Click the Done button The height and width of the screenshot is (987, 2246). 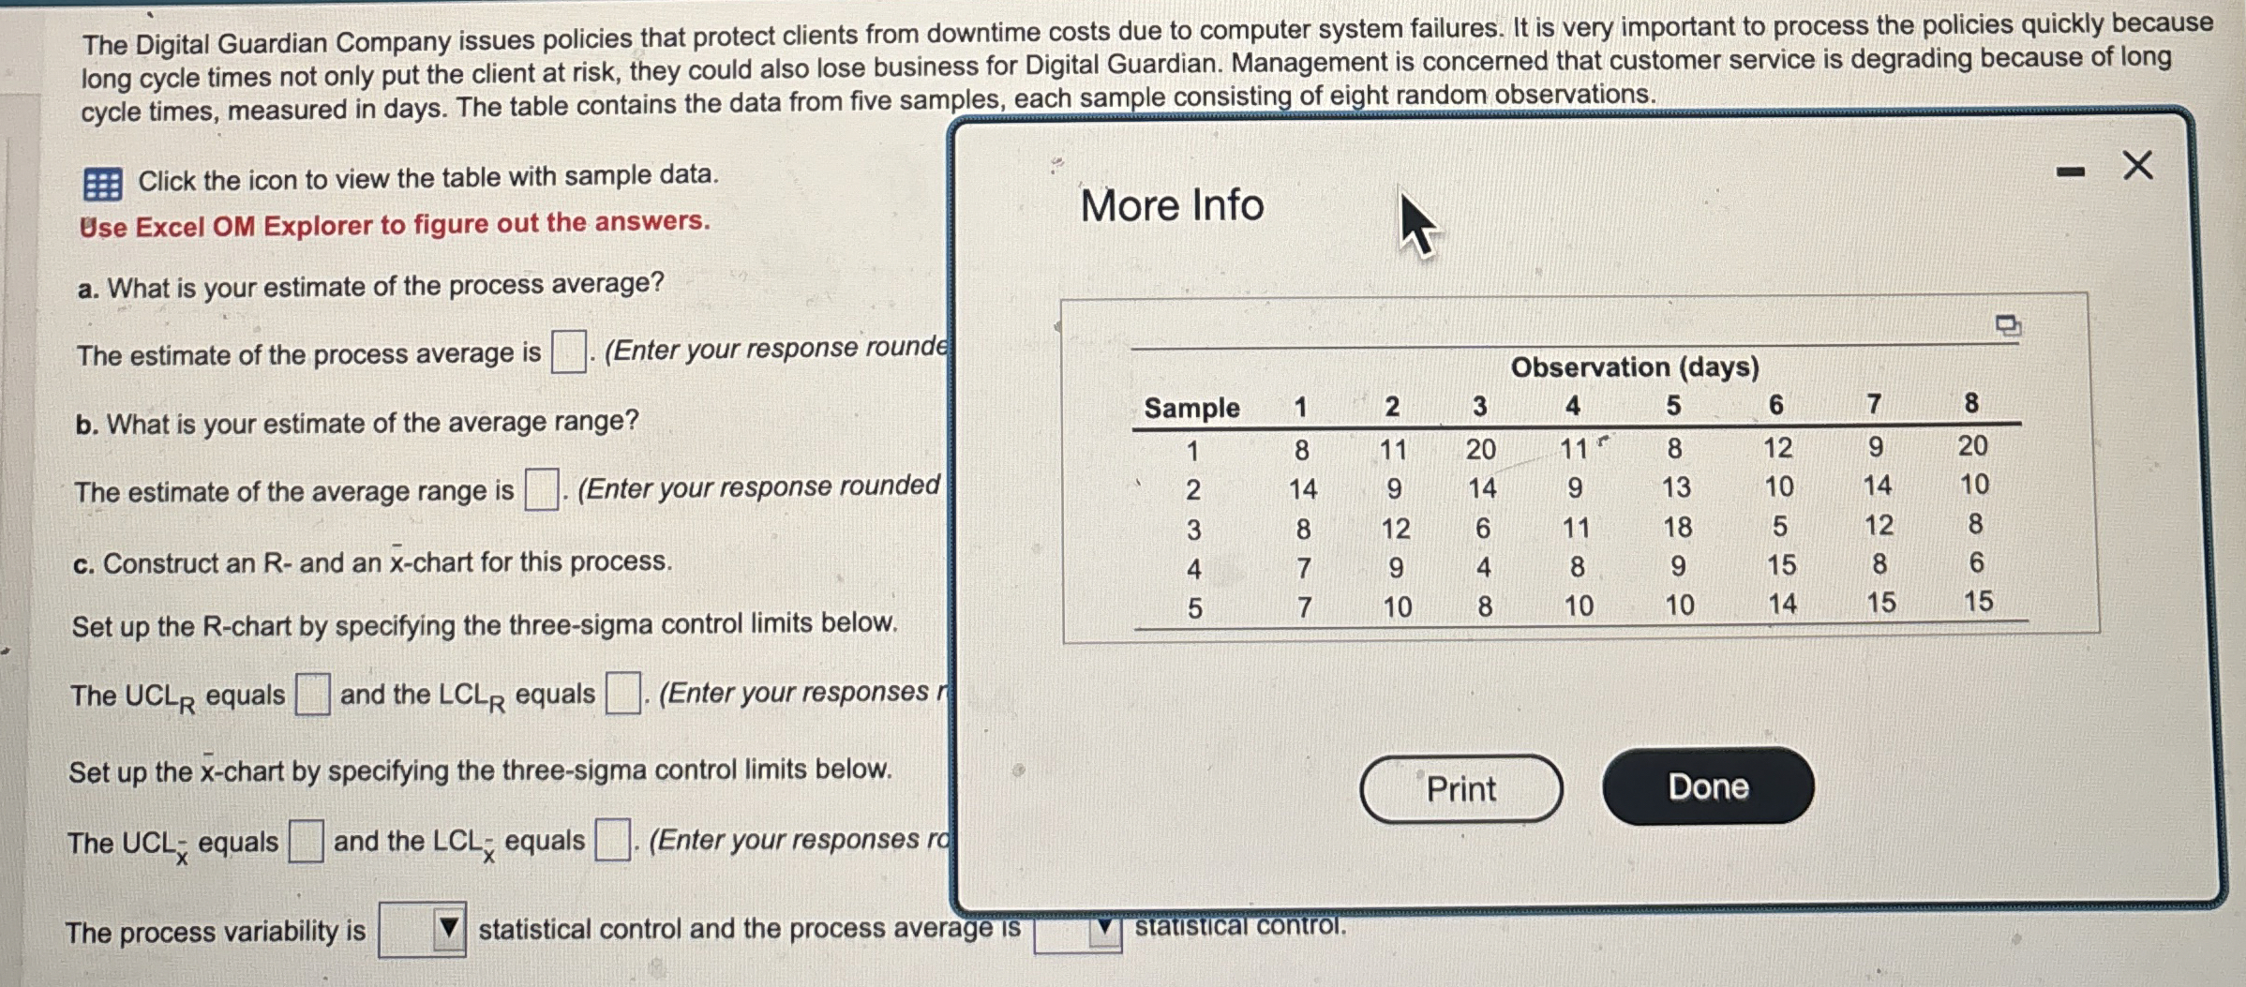1707,786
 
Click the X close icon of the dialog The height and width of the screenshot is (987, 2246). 2137,166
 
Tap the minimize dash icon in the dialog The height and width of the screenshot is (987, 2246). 2070,172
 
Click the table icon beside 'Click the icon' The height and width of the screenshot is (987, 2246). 102,184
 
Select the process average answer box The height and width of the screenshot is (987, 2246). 568,352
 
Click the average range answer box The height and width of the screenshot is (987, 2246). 541,489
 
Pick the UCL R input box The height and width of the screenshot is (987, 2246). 312,695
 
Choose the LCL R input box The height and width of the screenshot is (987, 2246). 622,694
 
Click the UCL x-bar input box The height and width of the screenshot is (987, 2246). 306,841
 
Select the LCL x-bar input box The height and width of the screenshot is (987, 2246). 612,840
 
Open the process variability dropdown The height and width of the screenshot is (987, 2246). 422,930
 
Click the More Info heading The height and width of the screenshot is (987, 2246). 1172,205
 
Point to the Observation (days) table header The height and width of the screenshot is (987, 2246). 1634,366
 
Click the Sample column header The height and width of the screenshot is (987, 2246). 1191,408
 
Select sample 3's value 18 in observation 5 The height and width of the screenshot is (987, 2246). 1677,528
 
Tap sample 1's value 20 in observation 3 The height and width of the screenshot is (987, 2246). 1480,450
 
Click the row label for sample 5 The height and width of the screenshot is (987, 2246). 1194,608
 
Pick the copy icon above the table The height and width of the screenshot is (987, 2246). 2007,326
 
